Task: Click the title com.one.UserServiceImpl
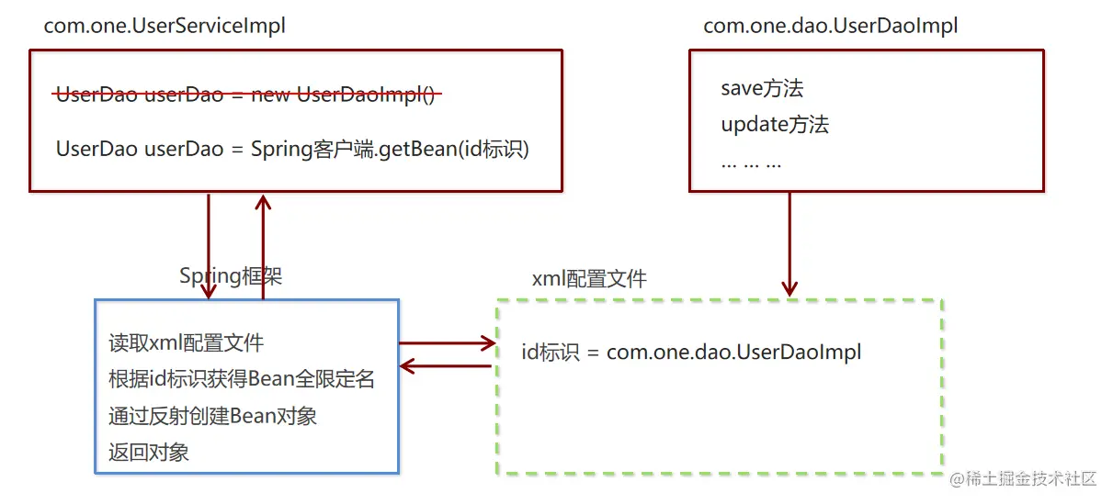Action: [x=165, y=26]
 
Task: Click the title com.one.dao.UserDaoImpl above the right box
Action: [x=830, y=26]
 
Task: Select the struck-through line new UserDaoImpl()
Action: [x=246, y=95]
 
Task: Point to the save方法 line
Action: [x=762, y=88]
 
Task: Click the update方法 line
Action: [x=775, y=124]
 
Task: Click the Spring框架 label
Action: [x=231, y=275]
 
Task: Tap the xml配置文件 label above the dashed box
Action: [x=589, y=278]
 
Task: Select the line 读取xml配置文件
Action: [x=186, y=343]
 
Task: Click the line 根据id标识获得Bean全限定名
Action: [x=242, y=379]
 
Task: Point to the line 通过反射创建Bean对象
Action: [x=212, y=415]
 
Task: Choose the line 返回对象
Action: [x=149, y=451]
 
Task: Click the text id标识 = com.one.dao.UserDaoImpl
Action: [x=691, y=352]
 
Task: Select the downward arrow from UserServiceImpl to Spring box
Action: [x=210, y=246]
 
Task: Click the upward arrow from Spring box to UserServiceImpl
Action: [x=264, y=246]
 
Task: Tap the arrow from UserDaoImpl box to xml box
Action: [x=789, y=243]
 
